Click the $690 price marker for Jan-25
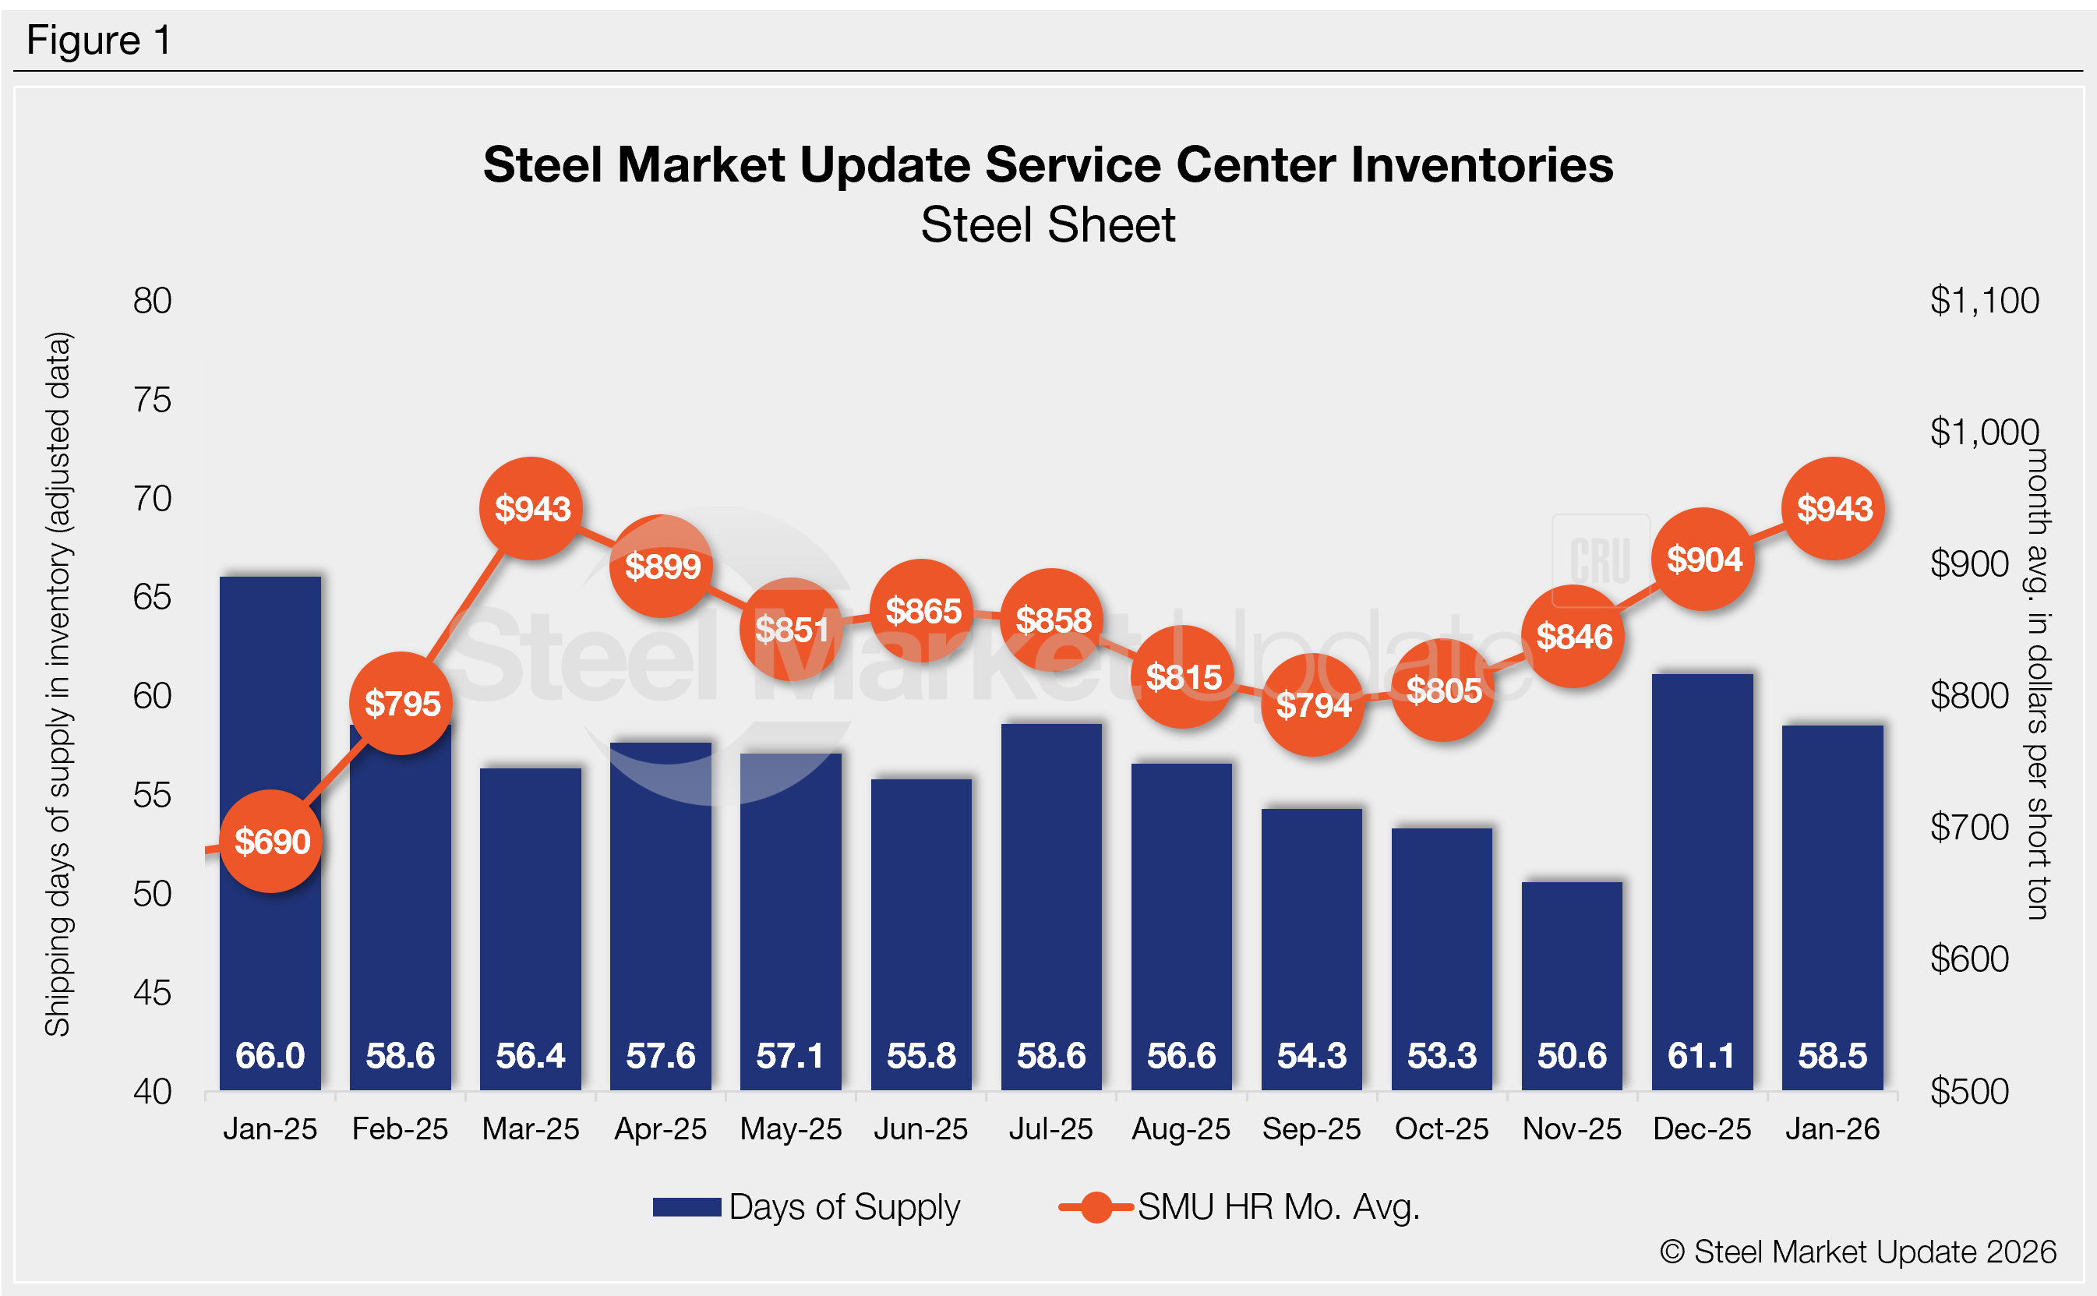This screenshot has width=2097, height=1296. coord(272,842)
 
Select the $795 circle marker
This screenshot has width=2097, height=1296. coord(402,704)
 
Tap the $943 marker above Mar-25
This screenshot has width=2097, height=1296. coord(532,509)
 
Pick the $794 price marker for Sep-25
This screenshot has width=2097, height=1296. coord(1313,705)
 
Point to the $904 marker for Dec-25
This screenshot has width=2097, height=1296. coord(1703,560)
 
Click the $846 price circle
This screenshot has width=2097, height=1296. coord(1573,637)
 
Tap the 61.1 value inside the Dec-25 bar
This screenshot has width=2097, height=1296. coord(1702,1056)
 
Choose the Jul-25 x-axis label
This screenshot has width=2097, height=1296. coord(1050,1130)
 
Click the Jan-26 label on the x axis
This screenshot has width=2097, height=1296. coord(1832,1130)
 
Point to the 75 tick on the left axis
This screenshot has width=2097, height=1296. coord(153,401)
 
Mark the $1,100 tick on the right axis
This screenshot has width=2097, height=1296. coord(1984,301)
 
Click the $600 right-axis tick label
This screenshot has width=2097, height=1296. coord(1969,959)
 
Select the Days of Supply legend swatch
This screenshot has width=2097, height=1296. coord(687,1207)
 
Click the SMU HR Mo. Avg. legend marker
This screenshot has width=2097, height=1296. coord(1096,1207)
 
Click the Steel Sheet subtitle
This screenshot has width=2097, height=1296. coord(1048,225)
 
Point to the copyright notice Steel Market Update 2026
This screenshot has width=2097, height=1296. coord(1858,1252)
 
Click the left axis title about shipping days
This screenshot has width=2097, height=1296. coord(58,684)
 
